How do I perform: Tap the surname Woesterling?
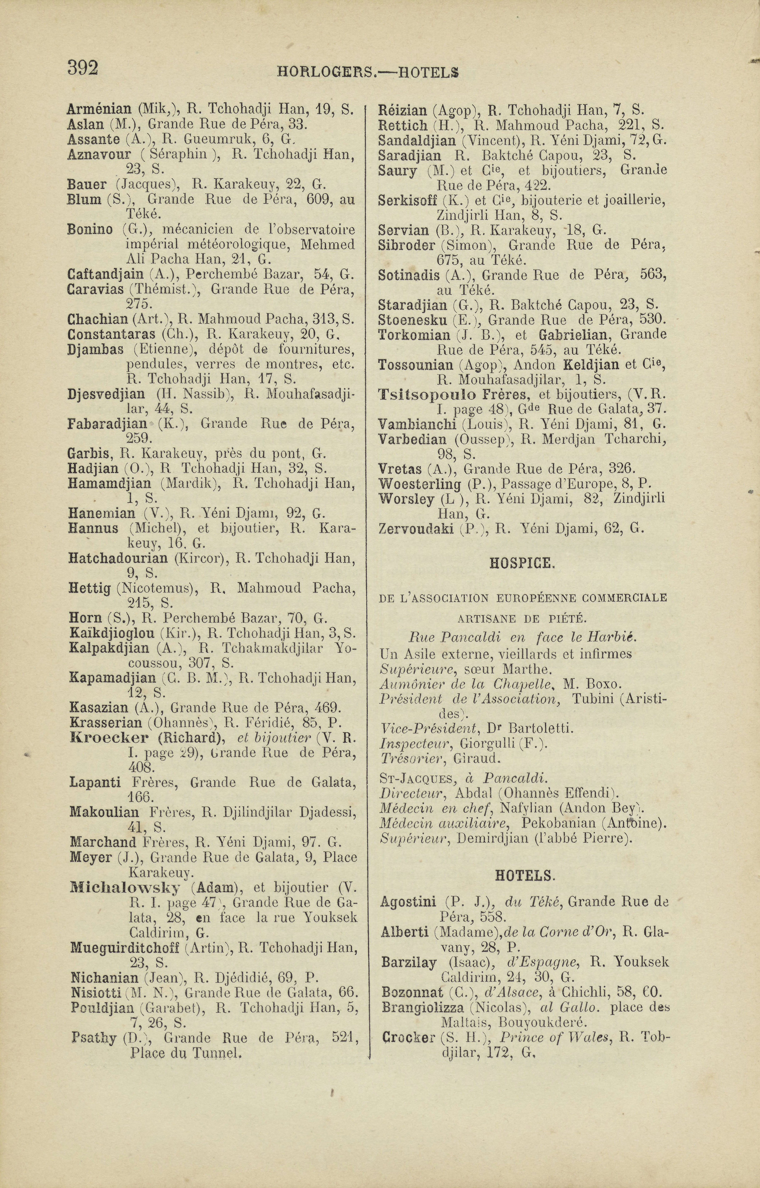(420, 484)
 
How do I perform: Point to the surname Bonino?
(89, 229)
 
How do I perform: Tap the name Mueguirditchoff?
(125, 948)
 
